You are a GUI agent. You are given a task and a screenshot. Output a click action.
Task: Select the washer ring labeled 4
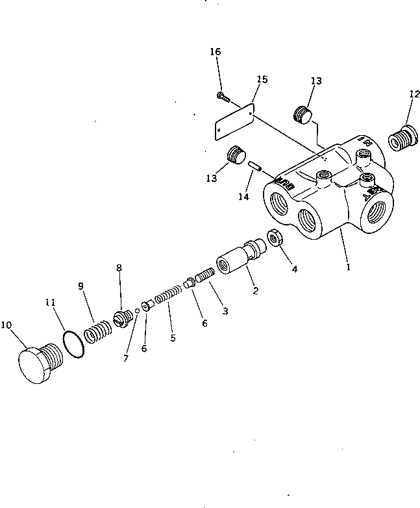pos(274,238)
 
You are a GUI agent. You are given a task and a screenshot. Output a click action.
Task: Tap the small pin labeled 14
pos(256,166)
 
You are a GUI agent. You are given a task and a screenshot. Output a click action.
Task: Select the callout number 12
pos(413,94)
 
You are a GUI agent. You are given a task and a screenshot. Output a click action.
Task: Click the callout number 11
pos(49,303)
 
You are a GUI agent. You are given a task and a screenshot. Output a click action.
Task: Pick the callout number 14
pos(243,196)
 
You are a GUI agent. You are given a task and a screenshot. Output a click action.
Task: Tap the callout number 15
pos(262,79)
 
